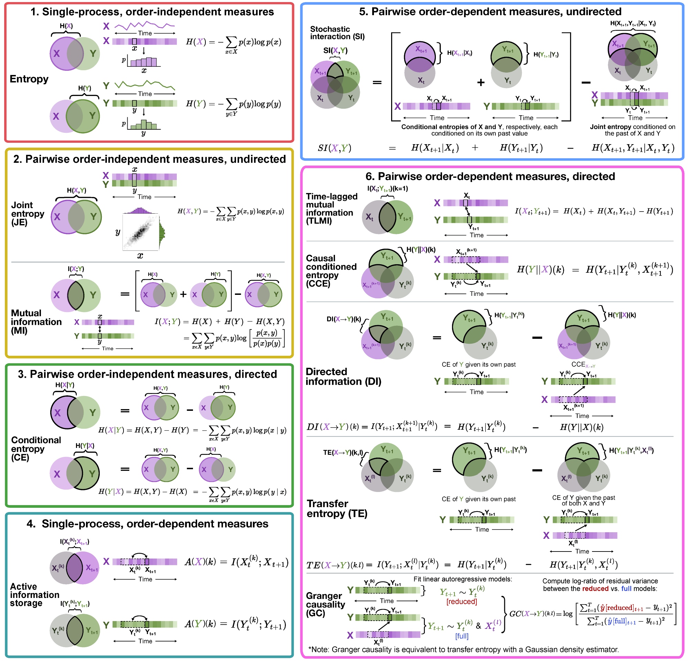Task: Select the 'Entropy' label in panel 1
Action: (29, 79)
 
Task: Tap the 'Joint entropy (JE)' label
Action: (28, 214)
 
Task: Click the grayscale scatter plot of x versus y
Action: (141, 232)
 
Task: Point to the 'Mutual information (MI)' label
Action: (36, 322)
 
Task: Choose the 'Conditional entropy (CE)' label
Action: (36, 448)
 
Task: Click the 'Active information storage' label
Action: (34, 595)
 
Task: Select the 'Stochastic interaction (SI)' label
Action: (337, 33)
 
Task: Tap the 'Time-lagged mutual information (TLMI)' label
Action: (331, 208)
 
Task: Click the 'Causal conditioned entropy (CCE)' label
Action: (331, 271)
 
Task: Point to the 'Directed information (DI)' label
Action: (343, 376)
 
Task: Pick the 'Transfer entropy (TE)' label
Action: (337, 508)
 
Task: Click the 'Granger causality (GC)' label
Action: (325, 604)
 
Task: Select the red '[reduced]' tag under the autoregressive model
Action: (461, 601)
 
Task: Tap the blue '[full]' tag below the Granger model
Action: (461, 636)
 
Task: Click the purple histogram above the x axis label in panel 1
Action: (143, 62)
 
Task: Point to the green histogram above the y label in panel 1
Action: (143, 124)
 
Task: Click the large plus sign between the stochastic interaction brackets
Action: (481, 83)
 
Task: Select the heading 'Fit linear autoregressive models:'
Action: (462, 579)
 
